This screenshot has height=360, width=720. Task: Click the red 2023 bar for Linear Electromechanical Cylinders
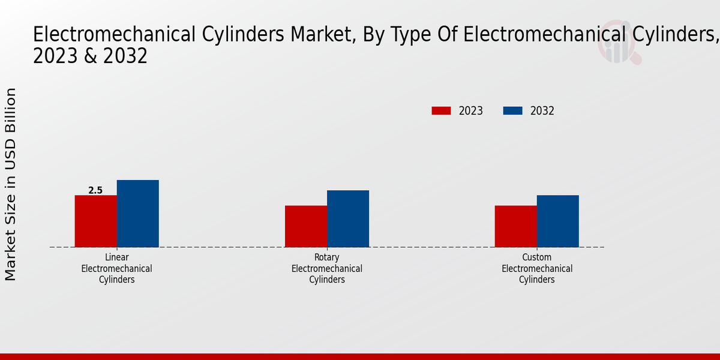pyautogui.click(x=95, y=221)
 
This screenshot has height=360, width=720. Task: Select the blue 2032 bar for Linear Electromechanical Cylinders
pyautogui.click(x=137, y=214)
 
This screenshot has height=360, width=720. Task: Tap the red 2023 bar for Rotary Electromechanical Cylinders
pyautogui.click(x=305, y=226)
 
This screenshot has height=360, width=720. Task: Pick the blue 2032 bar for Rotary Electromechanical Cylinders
pyautogui.click(x=347, y=218)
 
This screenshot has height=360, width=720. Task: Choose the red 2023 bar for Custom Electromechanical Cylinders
pyautogui.click(x=515, y=226)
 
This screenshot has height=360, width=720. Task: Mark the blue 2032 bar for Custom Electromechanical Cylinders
pyautogui.click(x=557, y=221)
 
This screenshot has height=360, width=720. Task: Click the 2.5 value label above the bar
pyautogui.click(x=95, y=190)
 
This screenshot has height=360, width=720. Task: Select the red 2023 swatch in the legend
pyautogui.click(x=441, y=111)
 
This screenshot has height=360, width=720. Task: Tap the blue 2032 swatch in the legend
pyautogui.click(x=512, y=111)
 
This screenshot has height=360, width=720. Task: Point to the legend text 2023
pyautogui.click(x=471, y=111)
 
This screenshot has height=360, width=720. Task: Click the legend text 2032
pyautogui.click(x=542, y=111)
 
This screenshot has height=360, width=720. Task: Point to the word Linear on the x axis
pyautogui.click(x=116, y=257)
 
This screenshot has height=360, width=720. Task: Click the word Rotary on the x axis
pyautogui.click(x=327, y=257)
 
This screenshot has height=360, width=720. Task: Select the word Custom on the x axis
pyautogui.click(x=537, y=257)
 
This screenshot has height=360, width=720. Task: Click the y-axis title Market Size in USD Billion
pyautogui.click(x=11, y=184)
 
